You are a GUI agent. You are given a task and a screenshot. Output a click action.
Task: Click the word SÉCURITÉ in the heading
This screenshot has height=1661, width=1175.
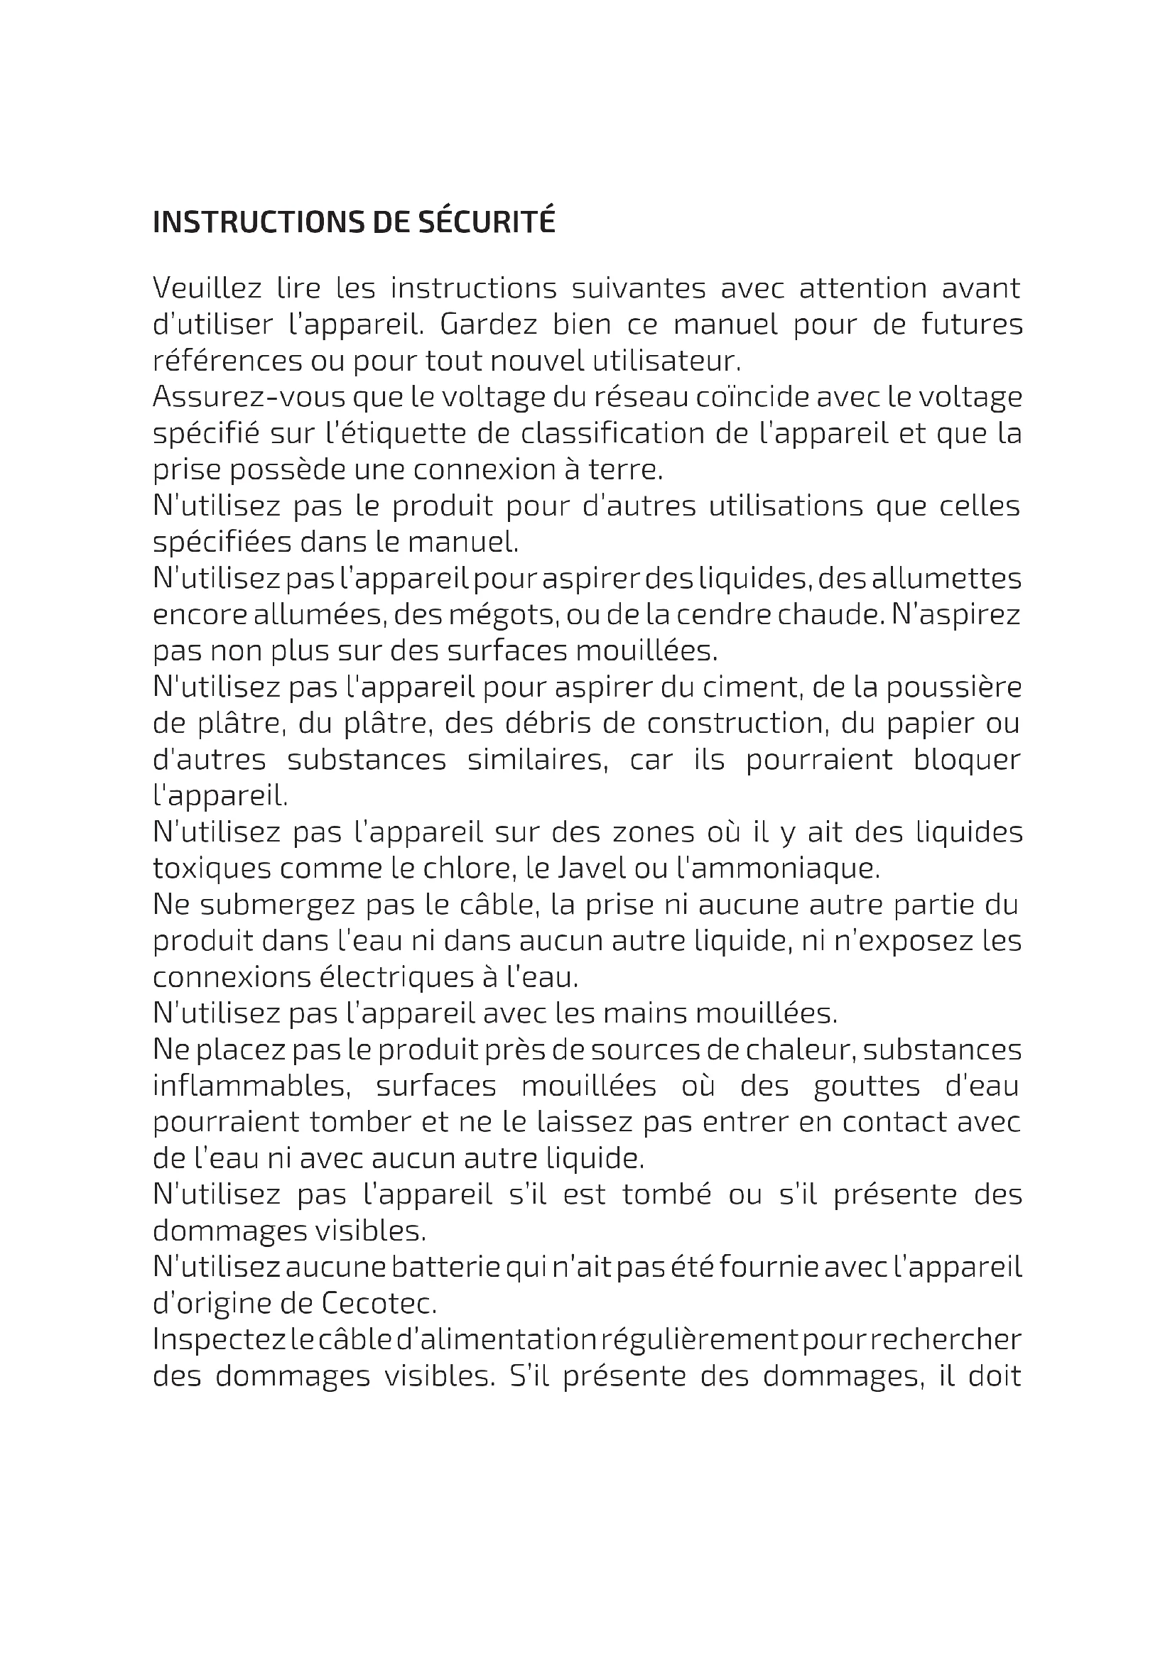487,222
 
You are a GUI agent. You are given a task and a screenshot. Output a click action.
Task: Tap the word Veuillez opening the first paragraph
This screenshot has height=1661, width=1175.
207,288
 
